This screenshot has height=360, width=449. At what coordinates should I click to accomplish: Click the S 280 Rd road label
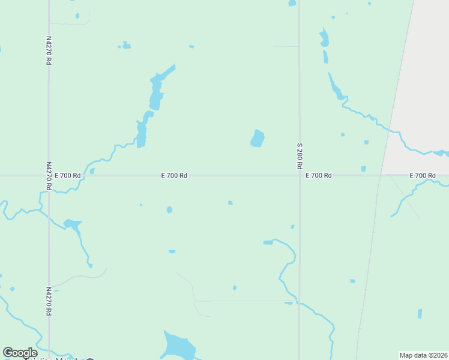pyautogui.click(x=299, y=156)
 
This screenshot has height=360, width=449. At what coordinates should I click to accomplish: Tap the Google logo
pyautogui.click(x=20, y=352)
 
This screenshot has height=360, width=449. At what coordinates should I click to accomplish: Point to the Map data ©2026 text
pyautogui.click(x=423, y=355)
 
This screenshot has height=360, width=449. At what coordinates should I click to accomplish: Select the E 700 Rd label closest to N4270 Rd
pyautogui.click(x=67, y=176)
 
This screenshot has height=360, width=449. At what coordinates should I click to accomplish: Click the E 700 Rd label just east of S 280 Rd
pyautogui.click(x=319, y=176)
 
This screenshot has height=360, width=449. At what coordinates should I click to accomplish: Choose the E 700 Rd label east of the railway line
pyautogui.click(x=423, y=176)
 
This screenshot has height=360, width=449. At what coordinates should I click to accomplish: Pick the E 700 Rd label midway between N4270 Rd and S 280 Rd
pyautogui.click(x=174, y=176)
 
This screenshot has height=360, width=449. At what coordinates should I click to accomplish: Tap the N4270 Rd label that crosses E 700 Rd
pyautogui.click(x=49, y=175)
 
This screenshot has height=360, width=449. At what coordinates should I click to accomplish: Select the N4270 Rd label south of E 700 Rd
pyautogui.click(x=49, y=301)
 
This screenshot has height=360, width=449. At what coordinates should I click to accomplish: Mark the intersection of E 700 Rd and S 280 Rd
pyautogui.click(x=299, y=175)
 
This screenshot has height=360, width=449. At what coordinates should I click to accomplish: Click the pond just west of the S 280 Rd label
pyautogui.click(x=258, y=139)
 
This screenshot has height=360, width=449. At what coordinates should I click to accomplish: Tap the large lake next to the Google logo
pyautogui.click(x=179, y=347)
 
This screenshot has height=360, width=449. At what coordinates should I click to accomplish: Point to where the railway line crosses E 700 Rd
pyautogui.click(x=381, y=175)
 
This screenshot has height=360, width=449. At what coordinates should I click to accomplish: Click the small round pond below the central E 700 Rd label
pyautogui.click(x=169, y=210)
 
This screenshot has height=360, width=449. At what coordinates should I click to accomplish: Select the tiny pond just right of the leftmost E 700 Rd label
pyautogui.click(x=92, y=171)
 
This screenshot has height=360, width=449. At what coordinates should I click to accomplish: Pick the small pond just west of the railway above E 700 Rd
pyautogui.click(x=364, y=169)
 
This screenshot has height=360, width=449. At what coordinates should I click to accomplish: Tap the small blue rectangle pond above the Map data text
pyautogui.click(x=420, y=313)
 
